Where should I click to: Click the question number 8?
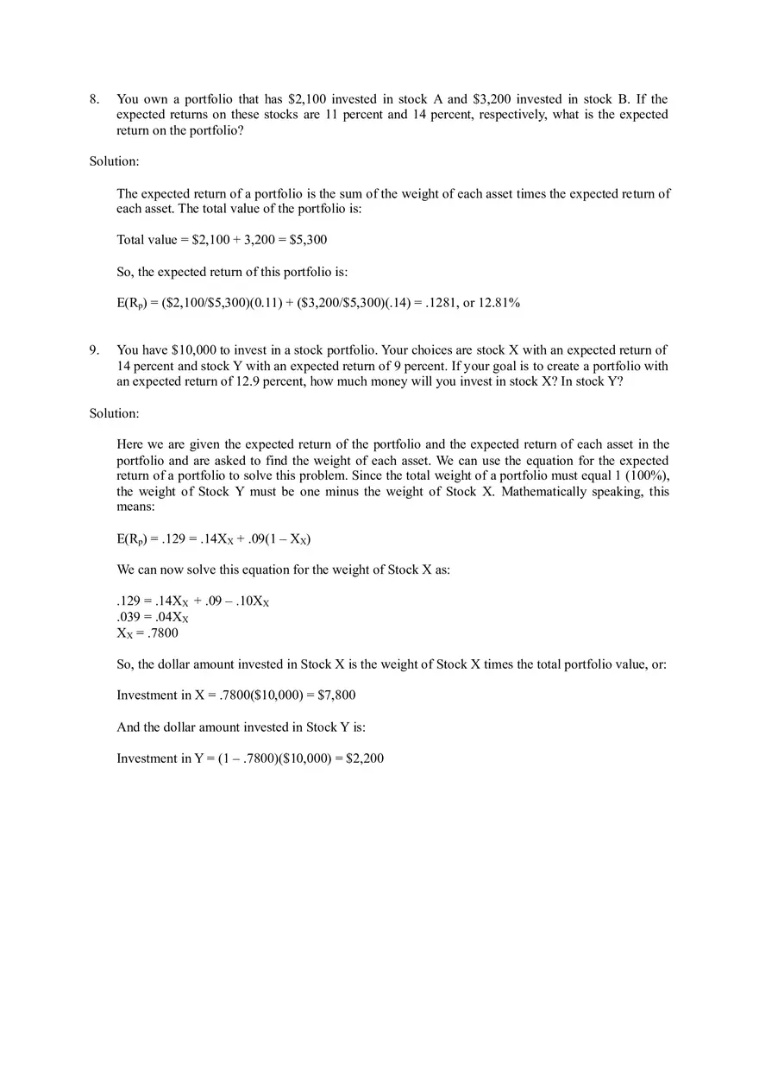tap(94, 99)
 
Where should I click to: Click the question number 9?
tap(94, 350)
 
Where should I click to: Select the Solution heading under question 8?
tap(114, 161)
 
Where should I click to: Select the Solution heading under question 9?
tap(114, 413)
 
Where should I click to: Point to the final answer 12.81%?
tap(500, 303)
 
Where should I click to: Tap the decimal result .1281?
tap(442, 303)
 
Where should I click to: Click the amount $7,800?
tap(336, 695)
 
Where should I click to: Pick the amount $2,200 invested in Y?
tap(364, 758)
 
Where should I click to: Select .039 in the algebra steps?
tap(129, 617)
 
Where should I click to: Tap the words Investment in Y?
tap(154, 758)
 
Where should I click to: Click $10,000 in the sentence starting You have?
tap(200, 350)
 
